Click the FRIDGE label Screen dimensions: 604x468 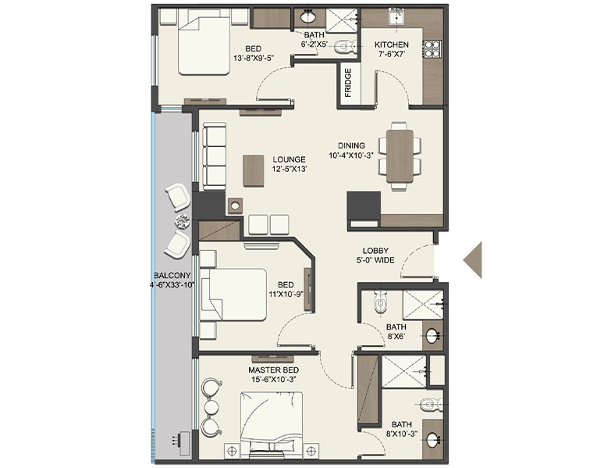348,83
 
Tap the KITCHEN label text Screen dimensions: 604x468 392,45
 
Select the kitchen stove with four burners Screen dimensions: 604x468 432,49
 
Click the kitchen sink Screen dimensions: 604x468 396,17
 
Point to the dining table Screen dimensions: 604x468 400,156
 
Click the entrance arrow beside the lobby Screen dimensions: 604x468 473,260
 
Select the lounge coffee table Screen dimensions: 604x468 254,170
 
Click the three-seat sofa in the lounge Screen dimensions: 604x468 214,156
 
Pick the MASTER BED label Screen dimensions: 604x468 273,370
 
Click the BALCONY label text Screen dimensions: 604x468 172,276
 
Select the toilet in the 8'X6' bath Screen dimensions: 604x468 380,302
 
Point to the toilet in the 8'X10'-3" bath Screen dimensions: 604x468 430,405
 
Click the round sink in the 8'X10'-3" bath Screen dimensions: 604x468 433,440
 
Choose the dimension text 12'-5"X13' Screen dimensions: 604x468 290,169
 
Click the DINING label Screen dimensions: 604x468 351,145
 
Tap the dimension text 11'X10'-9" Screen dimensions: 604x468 286,294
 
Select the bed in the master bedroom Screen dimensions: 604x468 272,424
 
